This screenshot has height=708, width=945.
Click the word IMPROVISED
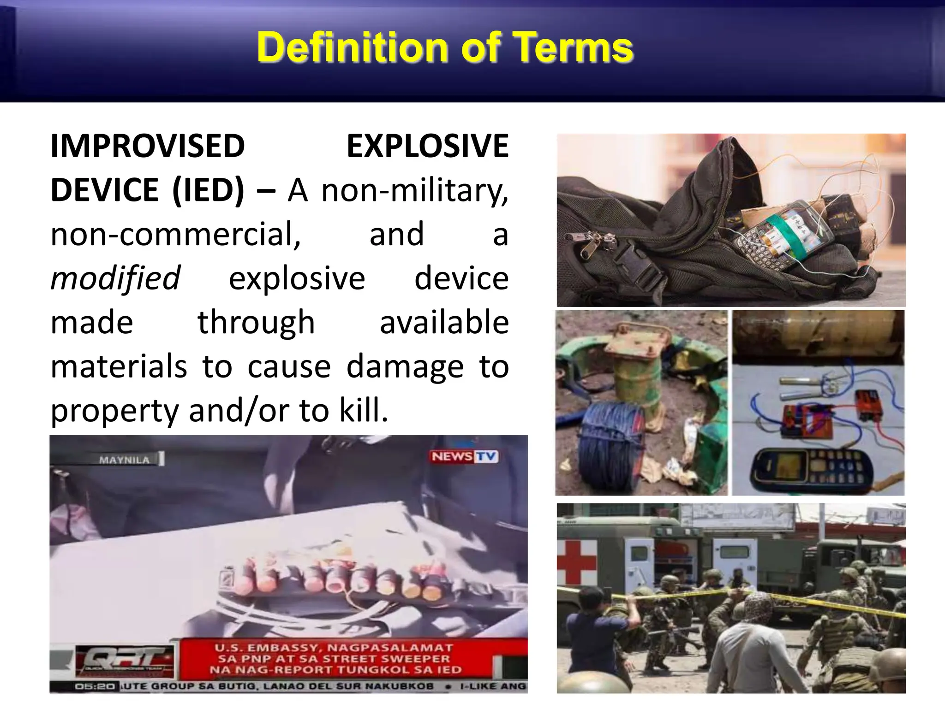pos(147,146)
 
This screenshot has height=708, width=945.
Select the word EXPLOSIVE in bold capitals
pos(427,146)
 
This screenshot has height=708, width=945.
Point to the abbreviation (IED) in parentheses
pos(208,190)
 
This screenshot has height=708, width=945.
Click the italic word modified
pos(115,278)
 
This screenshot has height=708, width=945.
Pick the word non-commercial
pos(175,234)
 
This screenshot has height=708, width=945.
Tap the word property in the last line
pos(114,410)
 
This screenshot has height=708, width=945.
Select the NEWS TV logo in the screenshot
pos(464,456)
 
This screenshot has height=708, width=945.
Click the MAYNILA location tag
pos(125,460)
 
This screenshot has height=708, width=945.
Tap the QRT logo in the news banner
pos(125,660)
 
